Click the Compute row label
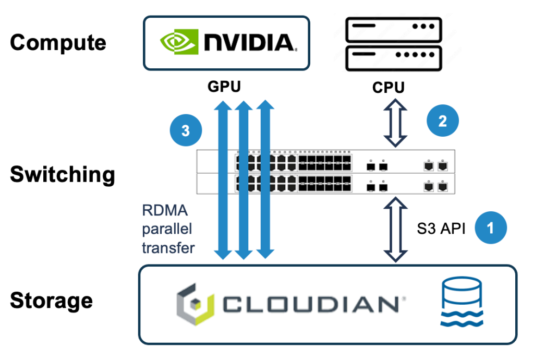coord(58,43)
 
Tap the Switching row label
coord(63,175)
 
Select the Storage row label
coord(51,301)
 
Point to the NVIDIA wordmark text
coord(249,43)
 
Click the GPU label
coord(225,87)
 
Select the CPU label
coord(388,88)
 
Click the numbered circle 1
coord(491,227)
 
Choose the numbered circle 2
coord(443,121)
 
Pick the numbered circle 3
coord(186,130)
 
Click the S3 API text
coord(441,228)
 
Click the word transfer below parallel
coord(168,247)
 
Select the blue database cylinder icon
coord(461,303)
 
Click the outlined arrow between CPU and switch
coord(395,124)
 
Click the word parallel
coord(167,230)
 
